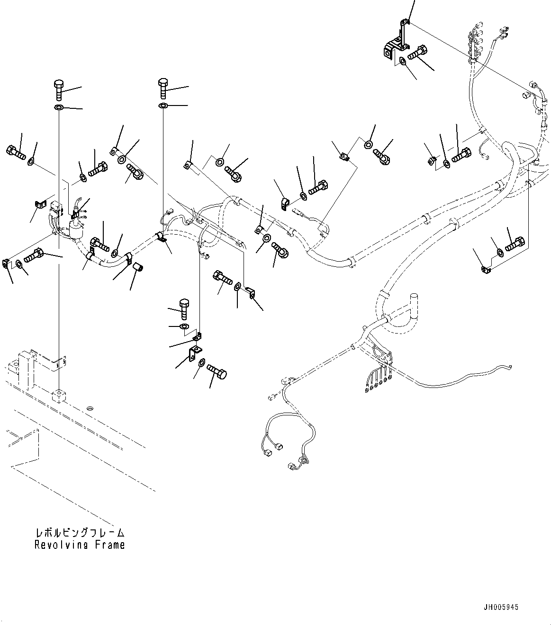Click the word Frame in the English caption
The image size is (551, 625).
point(109,545)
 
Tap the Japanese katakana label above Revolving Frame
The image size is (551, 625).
point(79,533)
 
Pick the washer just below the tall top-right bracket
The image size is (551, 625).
point(402,61)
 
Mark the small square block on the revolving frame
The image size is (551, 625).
point(58,396)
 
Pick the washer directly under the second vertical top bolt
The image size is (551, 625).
point(163,105)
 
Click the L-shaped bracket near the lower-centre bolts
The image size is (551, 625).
point(195,353)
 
